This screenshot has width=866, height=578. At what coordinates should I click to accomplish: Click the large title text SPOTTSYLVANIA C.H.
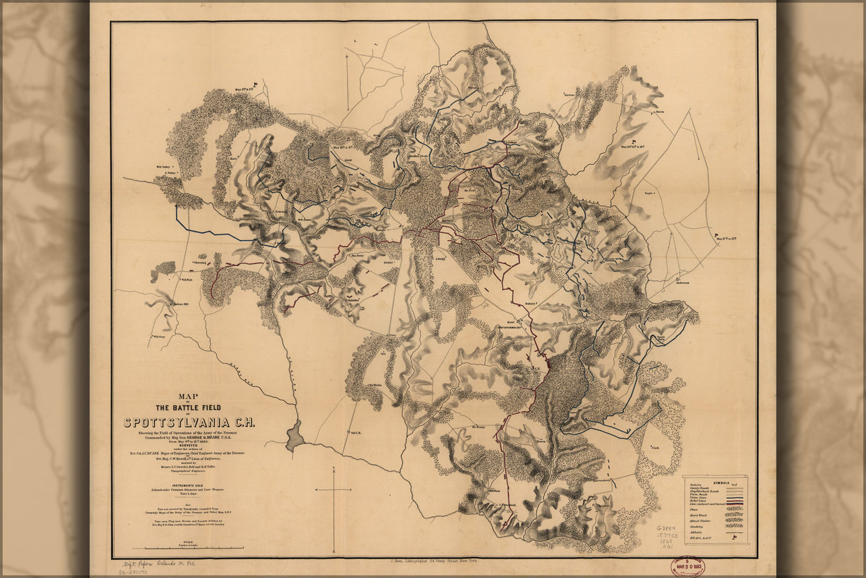(x=189, y=422)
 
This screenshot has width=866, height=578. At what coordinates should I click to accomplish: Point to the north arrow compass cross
(x=334, y=490)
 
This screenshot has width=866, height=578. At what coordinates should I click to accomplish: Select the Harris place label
(x=660, y=112)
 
